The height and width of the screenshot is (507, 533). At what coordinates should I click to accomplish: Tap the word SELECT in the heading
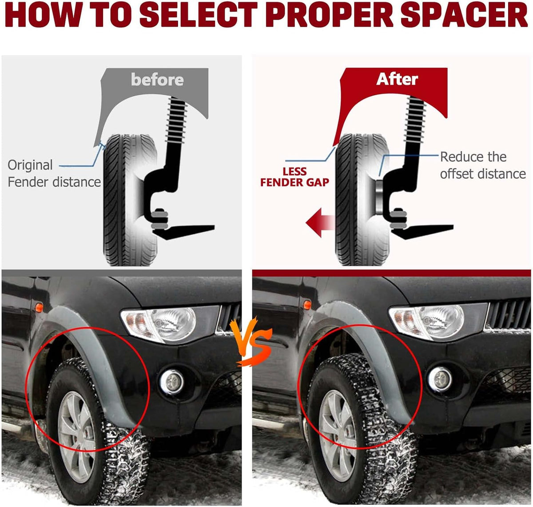point(198,15)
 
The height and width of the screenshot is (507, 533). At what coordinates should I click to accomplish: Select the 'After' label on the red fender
point(397,79)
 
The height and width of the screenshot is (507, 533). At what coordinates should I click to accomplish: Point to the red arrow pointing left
point(320,223)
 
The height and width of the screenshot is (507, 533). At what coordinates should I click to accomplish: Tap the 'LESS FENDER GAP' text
point(294,177)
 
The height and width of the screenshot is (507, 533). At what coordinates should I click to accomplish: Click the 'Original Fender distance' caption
point(54,173)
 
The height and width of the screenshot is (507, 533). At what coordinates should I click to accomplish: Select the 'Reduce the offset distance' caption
point(483,165)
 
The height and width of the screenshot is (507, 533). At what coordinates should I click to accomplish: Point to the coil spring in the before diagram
point(177,120)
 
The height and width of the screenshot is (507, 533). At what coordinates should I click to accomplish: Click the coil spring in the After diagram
point(415,120)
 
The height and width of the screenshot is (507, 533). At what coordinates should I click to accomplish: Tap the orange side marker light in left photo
point(39,307)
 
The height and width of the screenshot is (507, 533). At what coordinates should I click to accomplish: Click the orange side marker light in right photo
point(307,305)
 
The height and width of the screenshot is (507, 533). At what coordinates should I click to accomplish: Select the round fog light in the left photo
point(171,382)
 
